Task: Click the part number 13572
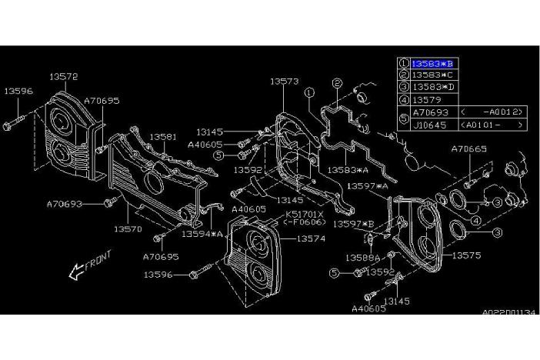[x=64, y=76]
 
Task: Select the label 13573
[x=284, y=79]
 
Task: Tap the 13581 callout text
[x=162, y=136]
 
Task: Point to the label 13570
[x=129, y=228]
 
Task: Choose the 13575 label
[x=467, y=254]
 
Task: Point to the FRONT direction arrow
[x=89, y=264]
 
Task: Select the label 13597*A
[x=367, y=185]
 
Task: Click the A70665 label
[x=468, y=148]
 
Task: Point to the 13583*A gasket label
[x=349, y=170]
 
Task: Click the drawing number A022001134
[x=508, y=313]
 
